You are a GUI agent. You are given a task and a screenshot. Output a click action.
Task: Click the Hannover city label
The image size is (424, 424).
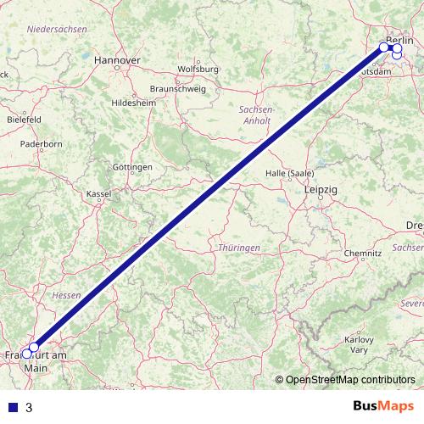pos(117,61)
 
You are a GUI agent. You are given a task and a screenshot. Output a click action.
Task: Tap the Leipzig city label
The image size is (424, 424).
pos(320,191)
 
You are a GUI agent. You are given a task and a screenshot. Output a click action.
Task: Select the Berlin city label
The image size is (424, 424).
pos(399,40)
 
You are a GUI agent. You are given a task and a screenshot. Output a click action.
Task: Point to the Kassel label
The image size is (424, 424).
pos(99,193)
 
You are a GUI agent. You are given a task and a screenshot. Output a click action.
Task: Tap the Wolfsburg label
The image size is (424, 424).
pos(198,69)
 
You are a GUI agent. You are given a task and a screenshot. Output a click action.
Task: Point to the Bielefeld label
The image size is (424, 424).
pos(24,120)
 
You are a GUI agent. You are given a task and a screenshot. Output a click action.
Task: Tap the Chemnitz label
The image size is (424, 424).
pos(363,254)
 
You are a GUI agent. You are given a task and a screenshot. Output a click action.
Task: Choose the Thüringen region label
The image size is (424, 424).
pos(232,246)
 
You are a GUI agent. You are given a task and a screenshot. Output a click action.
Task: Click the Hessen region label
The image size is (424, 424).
pos(65,295)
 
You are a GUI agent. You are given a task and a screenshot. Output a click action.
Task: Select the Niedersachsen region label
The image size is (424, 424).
pos(57,29)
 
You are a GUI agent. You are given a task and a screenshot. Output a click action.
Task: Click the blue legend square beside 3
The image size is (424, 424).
pos(13,407)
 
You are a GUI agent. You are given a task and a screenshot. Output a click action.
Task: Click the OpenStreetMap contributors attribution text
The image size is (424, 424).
pos(350,379)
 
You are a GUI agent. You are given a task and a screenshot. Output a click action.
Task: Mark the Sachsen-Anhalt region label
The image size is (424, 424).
pos(256,115)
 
